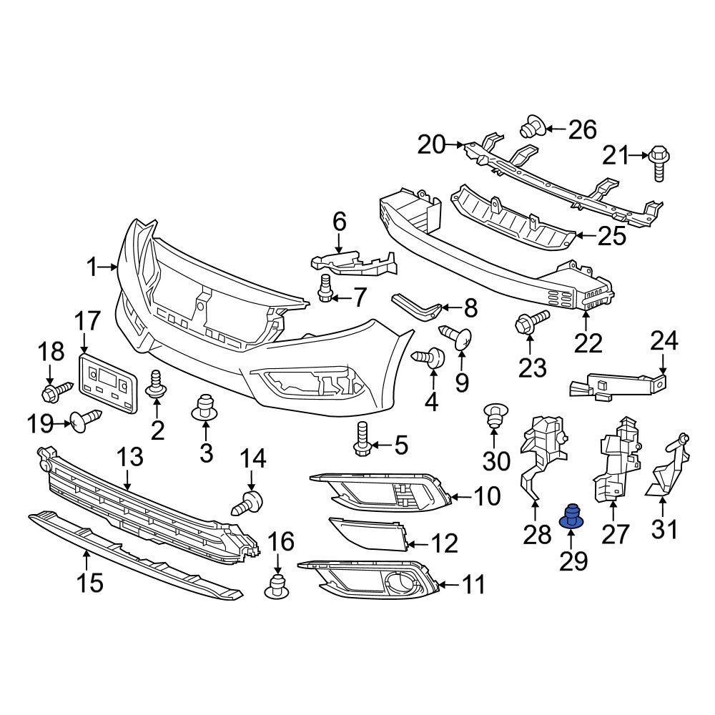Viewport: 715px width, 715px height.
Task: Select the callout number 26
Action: [x=582, y=129]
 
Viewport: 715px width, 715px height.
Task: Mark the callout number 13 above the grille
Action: [x=130, y=458]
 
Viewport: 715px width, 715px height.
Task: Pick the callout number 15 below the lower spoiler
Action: [x=91, y=582]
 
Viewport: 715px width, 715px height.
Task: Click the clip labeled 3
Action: [x=206, y=408]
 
